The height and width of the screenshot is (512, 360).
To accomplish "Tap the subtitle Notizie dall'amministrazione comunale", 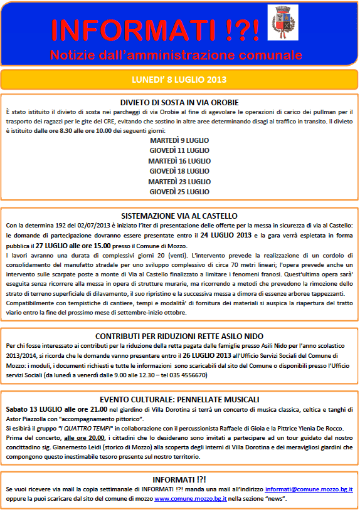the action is click(176, 54).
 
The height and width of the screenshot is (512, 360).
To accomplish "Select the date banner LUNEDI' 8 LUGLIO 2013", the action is click(179, 80).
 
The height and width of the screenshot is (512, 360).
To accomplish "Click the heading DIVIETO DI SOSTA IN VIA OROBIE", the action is click(179, 102).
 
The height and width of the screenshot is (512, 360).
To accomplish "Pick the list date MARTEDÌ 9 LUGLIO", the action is click(179, 140).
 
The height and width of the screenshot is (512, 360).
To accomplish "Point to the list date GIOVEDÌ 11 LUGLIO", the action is click(179, 150).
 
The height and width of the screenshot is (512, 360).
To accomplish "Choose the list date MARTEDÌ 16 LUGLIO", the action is click(179, 160).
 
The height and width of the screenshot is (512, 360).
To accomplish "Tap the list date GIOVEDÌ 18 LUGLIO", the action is click(179, 170).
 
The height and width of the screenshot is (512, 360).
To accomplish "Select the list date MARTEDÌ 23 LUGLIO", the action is click(179, 181).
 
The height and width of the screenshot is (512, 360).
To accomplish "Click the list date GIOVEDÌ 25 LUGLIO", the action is click(179, 191).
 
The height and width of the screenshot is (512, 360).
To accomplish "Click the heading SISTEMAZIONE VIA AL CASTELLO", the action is click(179, 216).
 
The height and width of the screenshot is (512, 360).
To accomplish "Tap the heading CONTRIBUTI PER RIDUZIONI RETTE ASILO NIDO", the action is click(179, 336).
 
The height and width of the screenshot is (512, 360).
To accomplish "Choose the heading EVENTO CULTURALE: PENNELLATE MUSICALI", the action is click(179, 399).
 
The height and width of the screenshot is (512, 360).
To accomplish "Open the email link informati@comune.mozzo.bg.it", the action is click(308, 488).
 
